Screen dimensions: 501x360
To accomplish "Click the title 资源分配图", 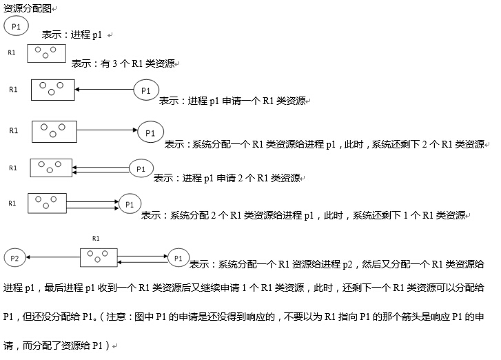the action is pyautogui.click(x=27, y=9).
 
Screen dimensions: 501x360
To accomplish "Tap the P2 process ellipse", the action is pyautogui.click(x=14, y=258).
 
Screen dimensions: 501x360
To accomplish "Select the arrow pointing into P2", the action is pyautogui.click(x=53, y=257).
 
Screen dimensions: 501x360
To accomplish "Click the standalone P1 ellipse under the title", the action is pyautogui.click(x=16, y=26).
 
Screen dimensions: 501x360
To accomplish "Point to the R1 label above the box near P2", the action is pyautogui.click(x=96, y=238).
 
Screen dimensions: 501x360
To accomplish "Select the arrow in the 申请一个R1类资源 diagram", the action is pyautogui.click(x=104, y=89).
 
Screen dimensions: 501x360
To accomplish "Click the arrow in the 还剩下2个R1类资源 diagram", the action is pyautogui.click(x=108, y=130).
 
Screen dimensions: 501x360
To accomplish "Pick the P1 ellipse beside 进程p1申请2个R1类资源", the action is pyautogui.click(x=141, y=168).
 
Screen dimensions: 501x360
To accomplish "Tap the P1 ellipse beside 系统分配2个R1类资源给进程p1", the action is pyautogui.click(x=130, y=204).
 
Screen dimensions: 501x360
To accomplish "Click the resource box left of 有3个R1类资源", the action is pyautogui.click(x=47, y=53).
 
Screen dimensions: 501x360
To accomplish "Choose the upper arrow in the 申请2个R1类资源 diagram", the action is pyautogui.click(x=101, y=167).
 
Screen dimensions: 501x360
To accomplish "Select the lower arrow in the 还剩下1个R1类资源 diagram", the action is pyautogui.click(x=92, y=208).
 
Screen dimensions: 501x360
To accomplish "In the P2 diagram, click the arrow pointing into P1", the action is pyautogui.click(x=143, y=256).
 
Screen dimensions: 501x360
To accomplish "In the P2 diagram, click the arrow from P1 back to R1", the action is pyautogui.click(x=143, y=262).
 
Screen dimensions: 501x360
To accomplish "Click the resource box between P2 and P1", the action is pyautogui.click(x=99, y=257).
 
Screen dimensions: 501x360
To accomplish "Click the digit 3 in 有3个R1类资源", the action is pyautogui.click(x=114, y=63).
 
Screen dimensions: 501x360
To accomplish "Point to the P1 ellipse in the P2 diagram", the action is pyautogui.click(x=178, y=258).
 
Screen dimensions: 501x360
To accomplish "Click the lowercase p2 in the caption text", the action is pyautogui.click(x=347, y=265).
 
